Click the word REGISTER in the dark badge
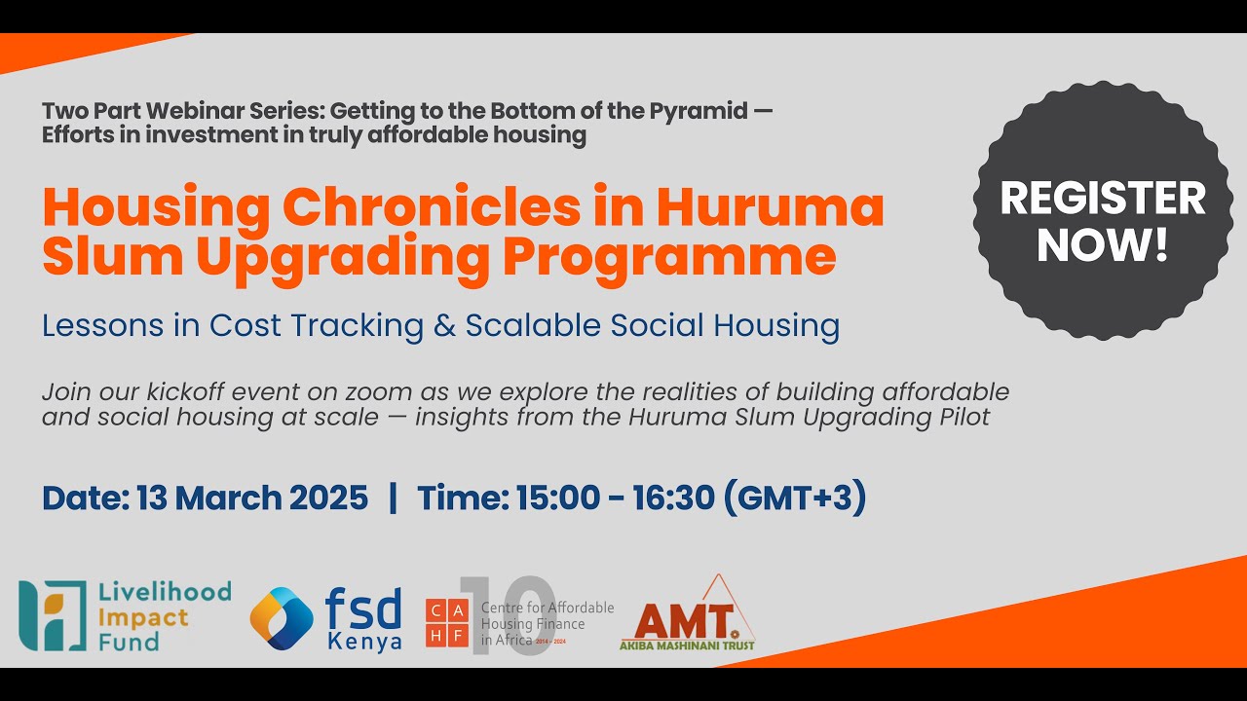[x=1103, y=199]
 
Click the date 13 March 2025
[x=252, y=498]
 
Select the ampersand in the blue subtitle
[x=444, y=326]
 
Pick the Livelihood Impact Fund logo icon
[x=53, y=615]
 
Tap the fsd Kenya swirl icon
[x=282, y=618]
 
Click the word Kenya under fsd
[x=364, y=643]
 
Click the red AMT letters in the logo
[x=682, y=620]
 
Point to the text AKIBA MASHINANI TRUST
[x=688, y=645]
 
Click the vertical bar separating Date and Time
[x=393, y=498]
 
